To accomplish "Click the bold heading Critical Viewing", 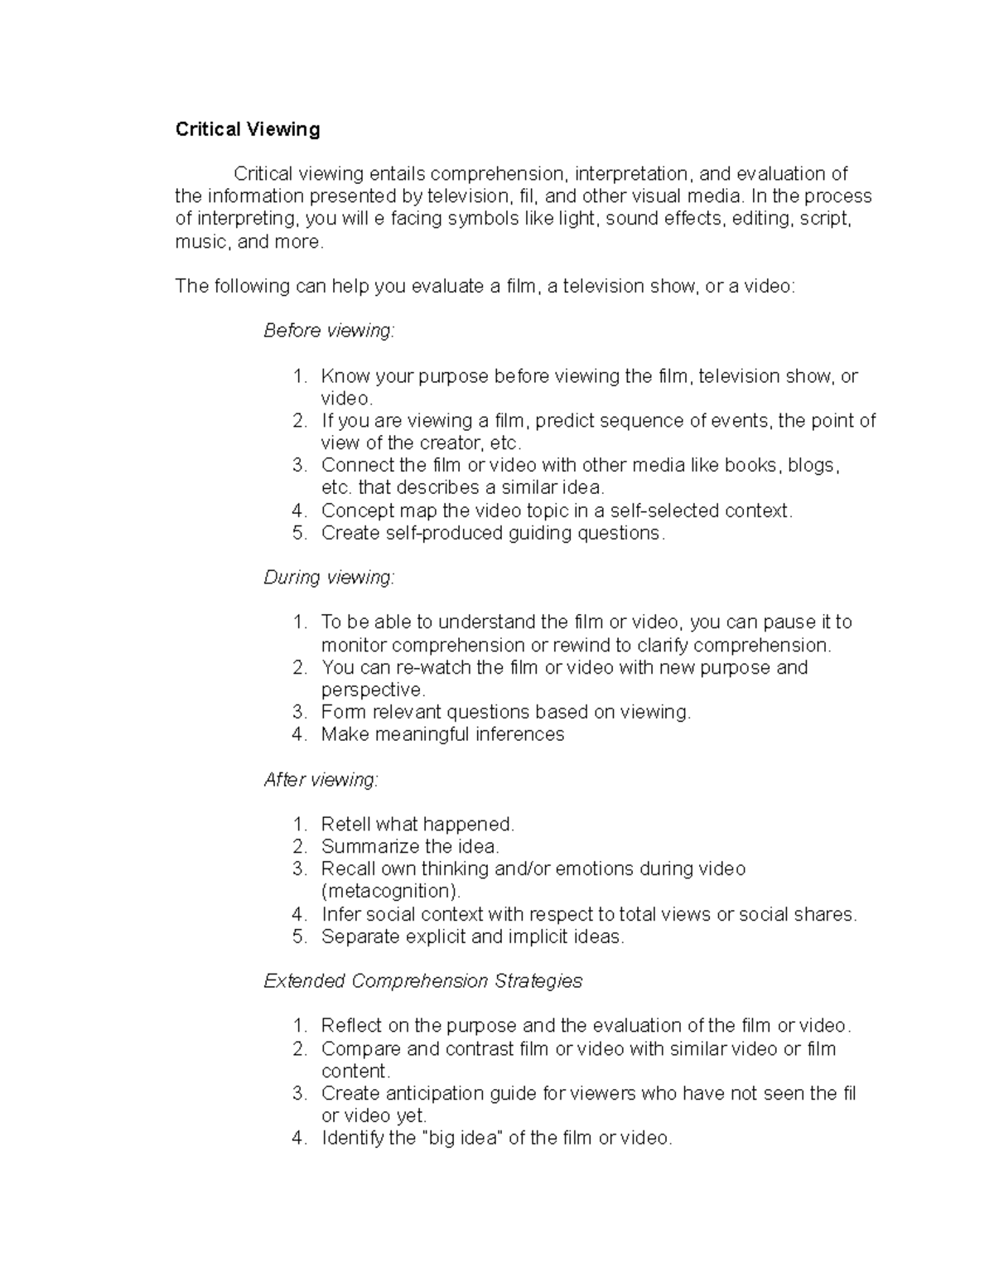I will point(247,129).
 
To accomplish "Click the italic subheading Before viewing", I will point(329,331).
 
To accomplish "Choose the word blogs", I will point(813,466).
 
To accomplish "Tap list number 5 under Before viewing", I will point(299,533).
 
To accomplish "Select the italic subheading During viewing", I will point(329,578).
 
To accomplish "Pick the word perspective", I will point(373,690).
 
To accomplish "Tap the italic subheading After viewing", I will point(321,780).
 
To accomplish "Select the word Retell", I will point(345,825).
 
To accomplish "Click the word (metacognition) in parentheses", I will point(390,892).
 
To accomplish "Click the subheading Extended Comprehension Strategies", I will point(422,982).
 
